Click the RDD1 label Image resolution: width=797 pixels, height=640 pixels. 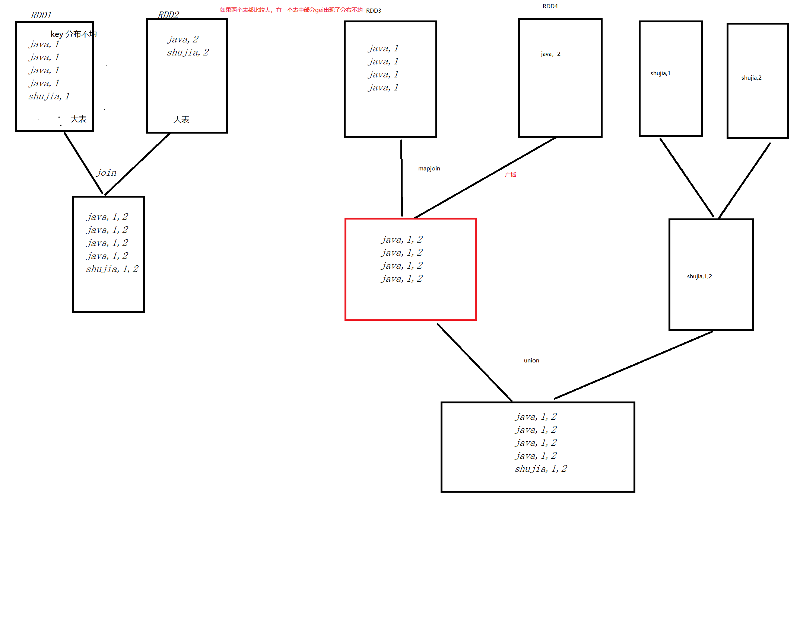click(x=41, y=15)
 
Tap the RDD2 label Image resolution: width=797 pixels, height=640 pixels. click(x=169, y=15)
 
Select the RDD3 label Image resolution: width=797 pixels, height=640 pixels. click(x=374, y=11)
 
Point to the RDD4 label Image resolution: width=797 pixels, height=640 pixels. click(x=550, y=6)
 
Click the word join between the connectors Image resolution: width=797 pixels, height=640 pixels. click(x=107, y=173)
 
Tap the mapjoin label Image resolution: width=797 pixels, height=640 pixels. click(x=429, y=169)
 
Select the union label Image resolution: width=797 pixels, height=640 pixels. click(x=531, y=361)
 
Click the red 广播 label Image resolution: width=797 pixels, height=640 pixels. click(x=511, y=175)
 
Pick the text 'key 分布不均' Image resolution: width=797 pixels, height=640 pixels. click(x=73, y=34)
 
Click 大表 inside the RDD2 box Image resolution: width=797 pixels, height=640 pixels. click(x=181, y=119)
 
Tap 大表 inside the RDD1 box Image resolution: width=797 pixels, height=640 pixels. click(x=79, y=119)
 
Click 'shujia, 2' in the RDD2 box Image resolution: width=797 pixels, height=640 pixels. click(x=188, y=52)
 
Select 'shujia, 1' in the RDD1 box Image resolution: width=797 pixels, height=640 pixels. click(x=49, y=97)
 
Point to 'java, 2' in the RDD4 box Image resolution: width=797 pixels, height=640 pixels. click(x=550, y=54)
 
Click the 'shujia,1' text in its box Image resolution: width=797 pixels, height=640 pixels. click(x=660, y=73)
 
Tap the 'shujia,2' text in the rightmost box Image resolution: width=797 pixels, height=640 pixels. click(x=751, y=78)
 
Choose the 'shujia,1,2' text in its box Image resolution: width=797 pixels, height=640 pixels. click(x=699, y=276)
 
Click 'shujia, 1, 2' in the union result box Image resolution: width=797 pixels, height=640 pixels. click(x=541, y=469)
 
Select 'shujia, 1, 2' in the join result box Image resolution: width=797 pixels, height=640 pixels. click(x=112, y=269)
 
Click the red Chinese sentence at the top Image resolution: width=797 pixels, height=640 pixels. click(x=291, y=10)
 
